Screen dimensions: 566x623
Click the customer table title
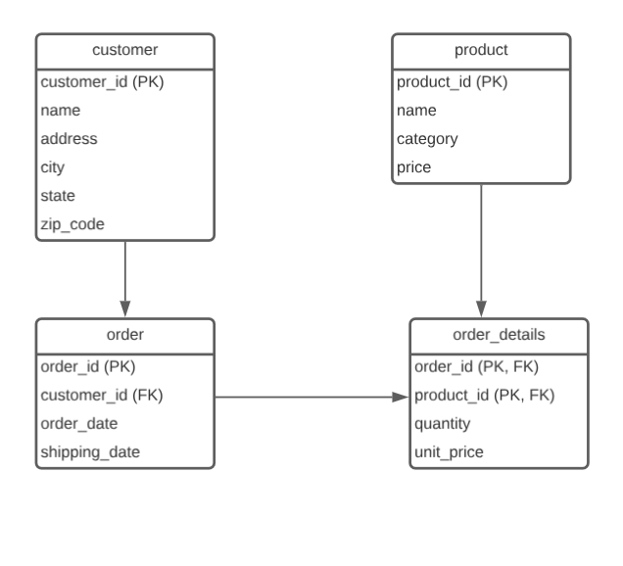tap(124, 50)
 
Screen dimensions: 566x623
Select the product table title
tap(481, 50)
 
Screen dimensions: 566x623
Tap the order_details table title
tap(499, 335)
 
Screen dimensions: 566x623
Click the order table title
tap(124, 334)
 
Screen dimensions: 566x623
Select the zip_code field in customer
tap(72, 224)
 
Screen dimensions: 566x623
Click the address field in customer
tap(69, 139)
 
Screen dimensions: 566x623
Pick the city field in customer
tap(53, 167)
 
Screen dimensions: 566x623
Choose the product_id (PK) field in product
tap(452, 81)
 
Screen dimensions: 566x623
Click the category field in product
tap(427, 139)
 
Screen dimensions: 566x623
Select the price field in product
tap(414, 167)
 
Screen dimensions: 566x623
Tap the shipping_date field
tap(89, 452)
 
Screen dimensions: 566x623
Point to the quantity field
tap(443, 424)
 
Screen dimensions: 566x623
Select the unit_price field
tap(449, 452)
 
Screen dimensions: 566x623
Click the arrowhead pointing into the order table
tap(125, 310)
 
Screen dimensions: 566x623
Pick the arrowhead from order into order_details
tap(401, 397)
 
